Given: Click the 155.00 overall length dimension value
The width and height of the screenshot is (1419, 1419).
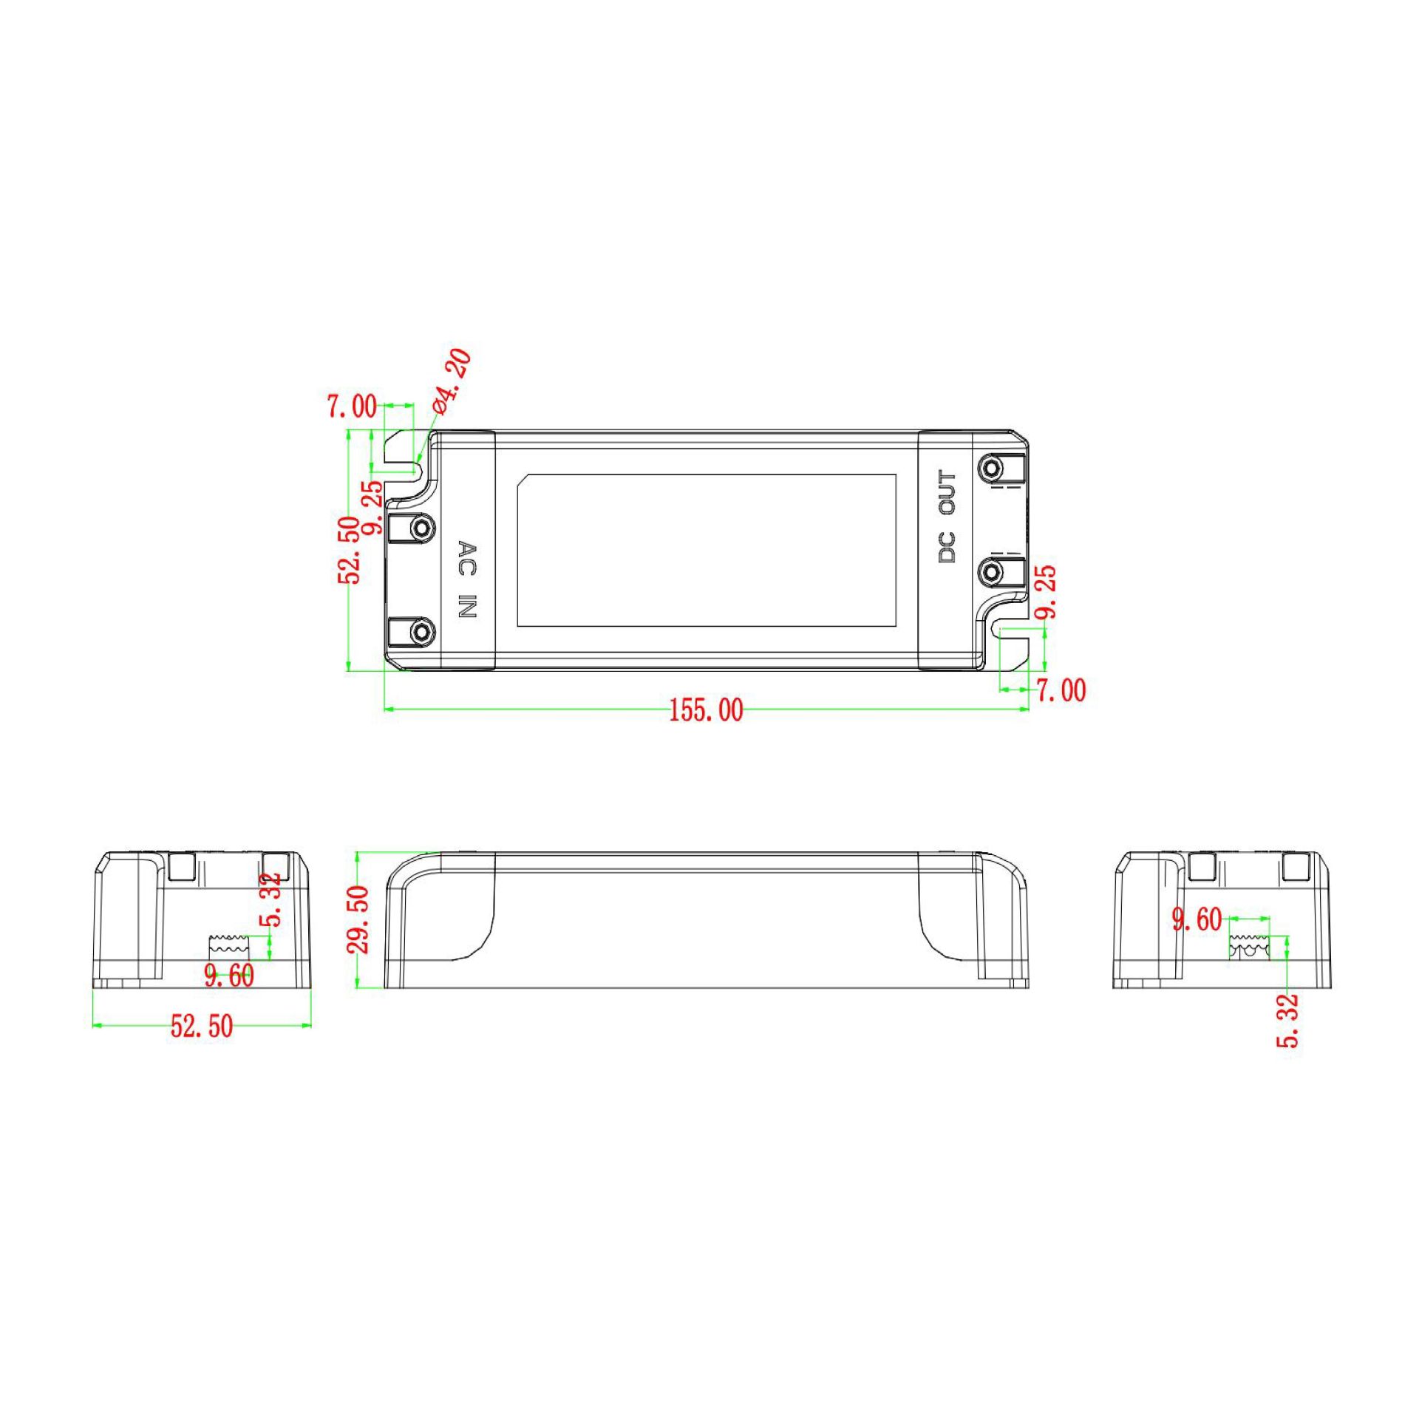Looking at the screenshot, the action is point(706,711).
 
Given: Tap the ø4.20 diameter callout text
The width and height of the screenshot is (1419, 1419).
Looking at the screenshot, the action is point(452,381).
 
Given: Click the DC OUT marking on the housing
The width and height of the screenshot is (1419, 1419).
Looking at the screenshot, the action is point(947,517).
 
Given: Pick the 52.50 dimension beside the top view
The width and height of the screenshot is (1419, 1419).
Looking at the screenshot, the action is point(350,551).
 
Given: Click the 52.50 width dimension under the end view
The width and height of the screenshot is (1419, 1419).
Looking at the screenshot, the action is point(202,1027).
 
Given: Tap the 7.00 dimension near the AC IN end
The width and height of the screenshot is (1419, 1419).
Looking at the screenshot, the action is point(352,406).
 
